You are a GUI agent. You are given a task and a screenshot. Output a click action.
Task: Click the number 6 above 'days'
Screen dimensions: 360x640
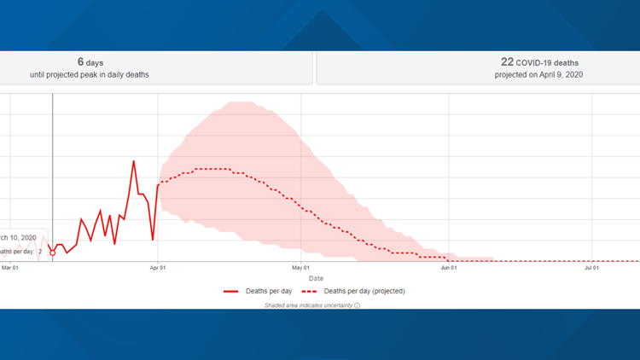80,61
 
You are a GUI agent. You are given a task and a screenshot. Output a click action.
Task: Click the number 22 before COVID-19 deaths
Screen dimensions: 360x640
507,61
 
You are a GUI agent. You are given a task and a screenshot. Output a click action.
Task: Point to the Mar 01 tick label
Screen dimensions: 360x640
10,268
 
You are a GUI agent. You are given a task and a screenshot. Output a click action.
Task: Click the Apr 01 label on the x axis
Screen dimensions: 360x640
157,268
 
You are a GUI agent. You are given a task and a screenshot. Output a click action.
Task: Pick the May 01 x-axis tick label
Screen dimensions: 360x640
300,268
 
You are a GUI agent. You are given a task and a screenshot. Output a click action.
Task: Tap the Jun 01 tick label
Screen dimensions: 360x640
449,268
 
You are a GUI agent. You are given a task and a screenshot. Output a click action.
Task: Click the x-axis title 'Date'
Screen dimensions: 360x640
316,278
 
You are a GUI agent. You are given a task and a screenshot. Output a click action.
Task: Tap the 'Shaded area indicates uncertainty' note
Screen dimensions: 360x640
308,305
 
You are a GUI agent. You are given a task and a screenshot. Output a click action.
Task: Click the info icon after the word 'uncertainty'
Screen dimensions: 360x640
357,305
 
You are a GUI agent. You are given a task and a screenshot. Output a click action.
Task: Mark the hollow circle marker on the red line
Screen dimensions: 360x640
53,253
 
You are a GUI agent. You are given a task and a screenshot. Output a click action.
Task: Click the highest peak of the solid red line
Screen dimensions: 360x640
134,161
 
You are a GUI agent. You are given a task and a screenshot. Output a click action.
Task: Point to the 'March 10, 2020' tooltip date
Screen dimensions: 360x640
17,237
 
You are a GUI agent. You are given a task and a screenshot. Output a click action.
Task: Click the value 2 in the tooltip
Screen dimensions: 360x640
40,252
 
